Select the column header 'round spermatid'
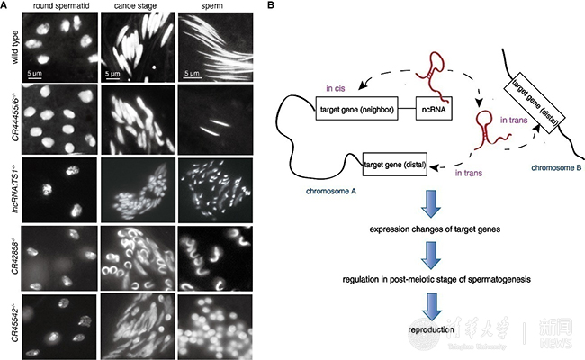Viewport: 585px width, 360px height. [58, 6]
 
